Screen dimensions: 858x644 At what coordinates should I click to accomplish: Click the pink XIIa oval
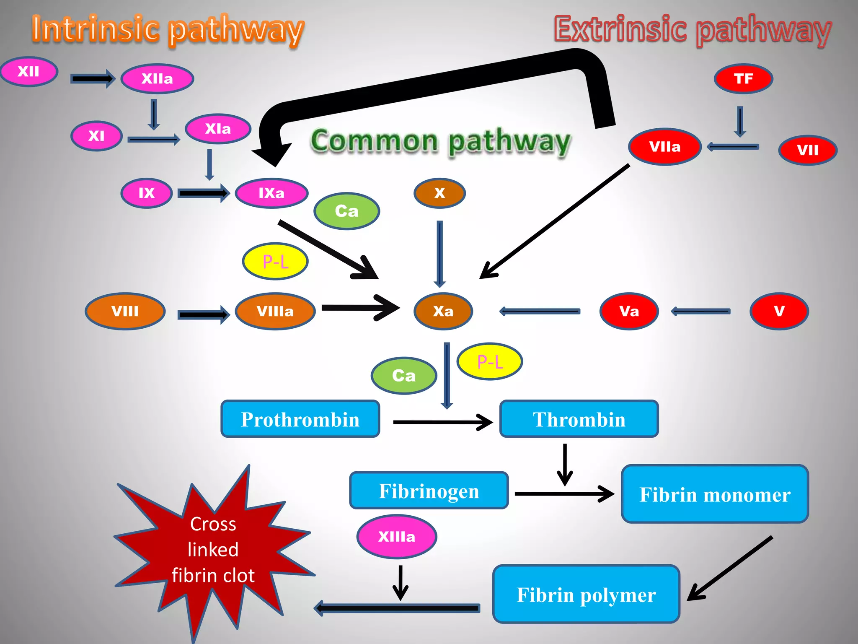click(157, 79)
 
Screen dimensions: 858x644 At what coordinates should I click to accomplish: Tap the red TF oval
click(743, 79)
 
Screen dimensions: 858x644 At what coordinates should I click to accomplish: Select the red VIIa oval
click(665, 147)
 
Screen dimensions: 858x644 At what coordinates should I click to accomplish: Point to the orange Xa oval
click(443, 311)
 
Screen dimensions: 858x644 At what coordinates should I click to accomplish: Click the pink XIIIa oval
click(397, 537)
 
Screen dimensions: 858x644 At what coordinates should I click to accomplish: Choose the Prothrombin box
click(300, 419)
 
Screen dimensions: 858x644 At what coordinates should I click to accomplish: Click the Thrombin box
click(579, 419)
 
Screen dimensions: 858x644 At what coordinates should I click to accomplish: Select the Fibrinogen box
click(429, 491)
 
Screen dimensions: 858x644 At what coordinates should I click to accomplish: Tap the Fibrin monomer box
click(715, 494)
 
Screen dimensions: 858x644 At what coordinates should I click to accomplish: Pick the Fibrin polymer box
click(586, 594)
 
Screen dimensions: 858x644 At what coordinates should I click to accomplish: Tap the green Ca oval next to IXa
click(346, 211)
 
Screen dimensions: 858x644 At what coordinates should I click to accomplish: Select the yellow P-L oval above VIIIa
click(275, 261)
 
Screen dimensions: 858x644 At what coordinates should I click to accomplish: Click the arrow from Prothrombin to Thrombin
click(442, 422)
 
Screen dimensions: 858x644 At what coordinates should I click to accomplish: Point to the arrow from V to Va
click(700, 311)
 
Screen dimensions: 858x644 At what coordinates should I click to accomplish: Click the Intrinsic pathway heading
click(168, 29)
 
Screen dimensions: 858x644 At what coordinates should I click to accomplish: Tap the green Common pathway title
click(440, 141)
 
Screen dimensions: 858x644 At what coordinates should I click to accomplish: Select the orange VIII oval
click(125, 311)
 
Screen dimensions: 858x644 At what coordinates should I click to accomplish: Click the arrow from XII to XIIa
click(92, 78)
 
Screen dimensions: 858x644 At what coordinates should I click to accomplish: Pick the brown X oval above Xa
click(439, 193)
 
